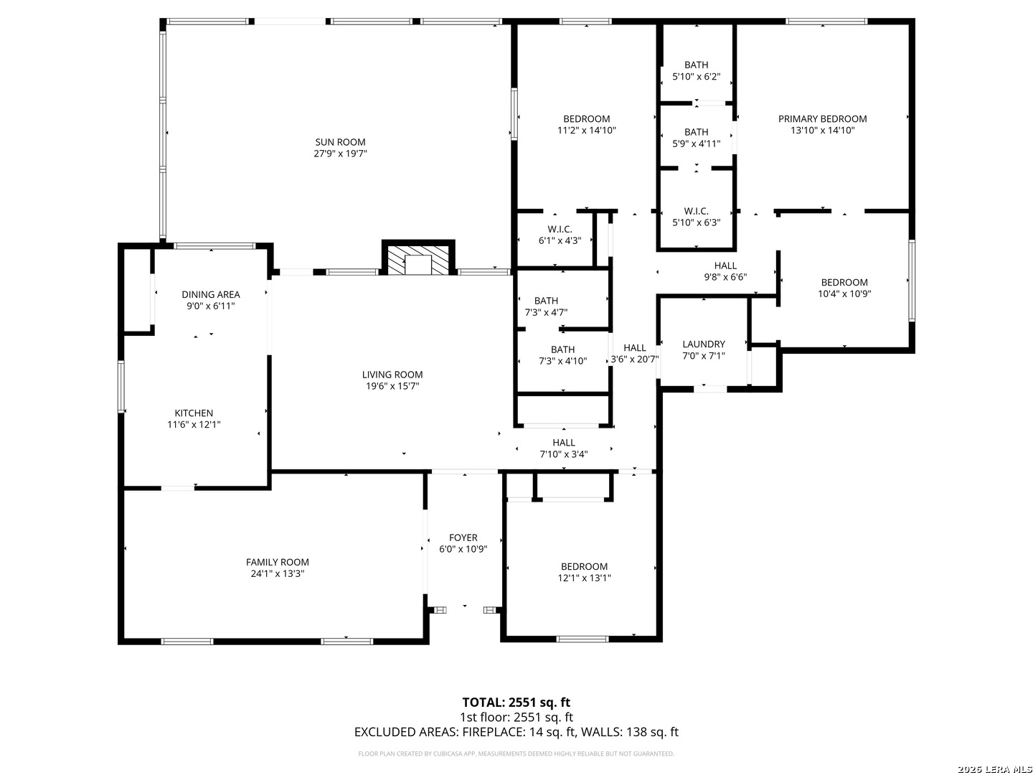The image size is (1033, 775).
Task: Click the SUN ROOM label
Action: click(x=340, y=142)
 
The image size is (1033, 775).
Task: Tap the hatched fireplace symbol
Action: click(x=418, y=259)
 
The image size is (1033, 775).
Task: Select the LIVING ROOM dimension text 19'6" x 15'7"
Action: click(x=392, y=386)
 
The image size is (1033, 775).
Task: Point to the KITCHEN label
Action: click(x=194, y=413)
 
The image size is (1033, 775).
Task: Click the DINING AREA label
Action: click(x=210, y=294)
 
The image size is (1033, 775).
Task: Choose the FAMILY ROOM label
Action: click(x=277, y=562)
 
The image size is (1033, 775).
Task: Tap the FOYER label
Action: click(x=463, y=537)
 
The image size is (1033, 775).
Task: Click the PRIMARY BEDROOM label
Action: click(x=822, y=119)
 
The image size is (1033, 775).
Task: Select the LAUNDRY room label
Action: click(x=704, y=344)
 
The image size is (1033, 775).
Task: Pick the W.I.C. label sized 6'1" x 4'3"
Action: click(x=560, y=229)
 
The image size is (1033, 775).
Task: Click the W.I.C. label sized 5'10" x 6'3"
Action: click(x=696, y=211)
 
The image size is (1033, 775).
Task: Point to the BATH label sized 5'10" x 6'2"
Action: click(x=696, y=65)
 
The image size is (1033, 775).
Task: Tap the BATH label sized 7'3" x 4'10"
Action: click(x=562, y=349)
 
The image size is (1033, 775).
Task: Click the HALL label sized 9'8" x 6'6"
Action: click(x=725, y=266)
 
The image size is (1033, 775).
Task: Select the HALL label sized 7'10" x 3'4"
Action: click(x=563, y=443)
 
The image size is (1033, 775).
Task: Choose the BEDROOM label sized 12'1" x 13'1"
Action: click(x=584, y=567)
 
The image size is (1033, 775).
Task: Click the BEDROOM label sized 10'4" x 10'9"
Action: click(x=844, y=282)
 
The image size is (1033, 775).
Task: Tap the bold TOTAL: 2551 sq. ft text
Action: click(x=516, y=703)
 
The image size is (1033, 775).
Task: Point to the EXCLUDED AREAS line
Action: click(x=516, y=732)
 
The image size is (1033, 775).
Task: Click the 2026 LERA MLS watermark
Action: click(x=994, y=769)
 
